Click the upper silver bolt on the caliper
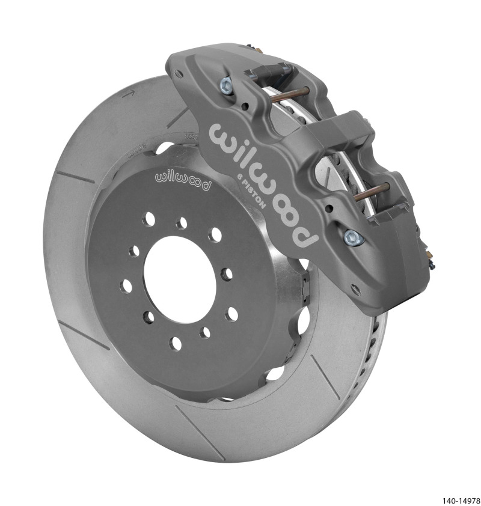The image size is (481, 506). click(x=229, y=85)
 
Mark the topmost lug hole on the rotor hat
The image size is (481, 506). click(x=181, y=223)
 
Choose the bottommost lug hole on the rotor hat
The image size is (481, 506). click(x=176, y=344)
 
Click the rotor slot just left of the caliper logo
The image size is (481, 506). click(x=179, y=118)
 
